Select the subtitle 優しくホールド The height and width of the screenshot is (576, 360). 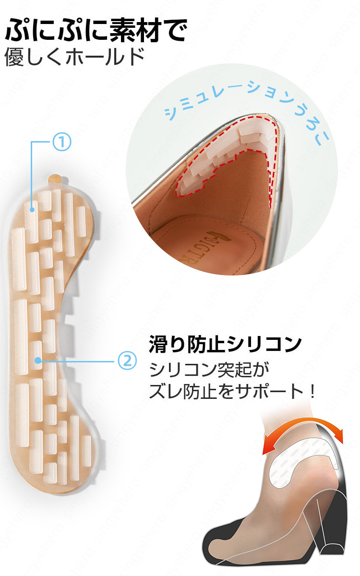[x=74, y=57]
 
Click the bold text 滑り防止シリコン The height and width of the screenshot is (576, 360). [x=225, y=344]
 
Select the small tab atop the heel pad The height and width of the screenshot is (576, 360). [x=56, y=178]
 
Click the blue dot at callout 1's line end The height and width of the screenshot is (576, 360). [x=32, y=210]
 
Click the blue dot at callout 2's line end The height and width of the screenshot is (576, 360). [x=37, y=360]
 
